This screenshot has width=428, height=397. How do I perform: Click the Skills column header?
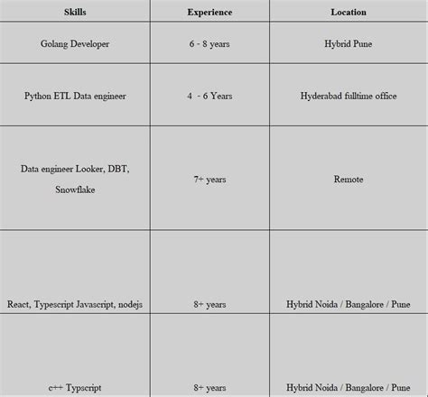coord(76,13)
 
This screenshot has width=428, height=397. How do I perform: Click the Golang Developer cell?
coord(76,44)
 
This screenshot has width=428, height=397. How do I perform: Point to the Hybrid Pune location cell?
coord(349,44)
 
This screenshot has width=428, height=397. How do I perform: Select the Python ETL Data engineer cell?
coord(76,94)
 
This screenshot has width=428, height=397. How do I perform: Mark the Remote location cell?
coord(349,180)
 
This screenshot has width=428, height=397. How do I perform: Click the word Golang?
coord(57,44)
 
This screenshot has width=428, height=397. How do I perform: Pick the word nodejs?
coord(128,305)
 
